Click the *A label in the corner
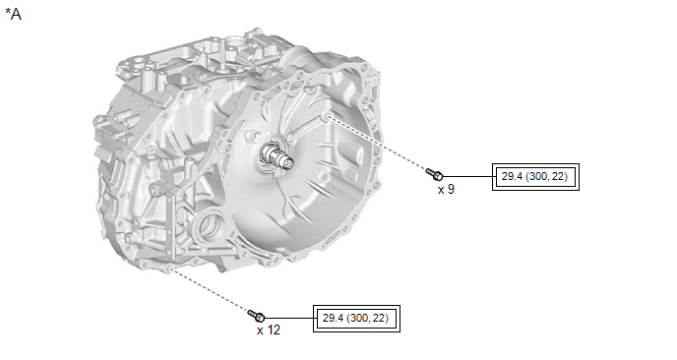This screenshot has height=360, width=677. tap(13, 14)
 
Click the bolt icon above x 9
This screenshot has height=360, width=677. tap(434, 174)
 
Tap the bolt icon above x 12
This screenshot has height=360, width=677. tap(257, 316)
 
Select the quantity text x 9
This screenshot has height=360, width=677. tap(446, 190)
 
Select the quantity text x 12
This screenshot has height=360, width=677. tap(269, 330)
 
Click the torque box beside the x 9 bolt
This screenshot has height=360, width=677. tap(535, 176)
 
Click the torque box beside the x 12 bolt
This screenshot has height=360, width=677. tap(356, 319)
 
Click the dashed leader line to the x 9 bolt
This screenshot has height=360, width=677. tap(378, 143)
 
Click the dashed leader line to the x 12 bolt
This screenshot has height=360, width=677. tap(211, 289)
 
